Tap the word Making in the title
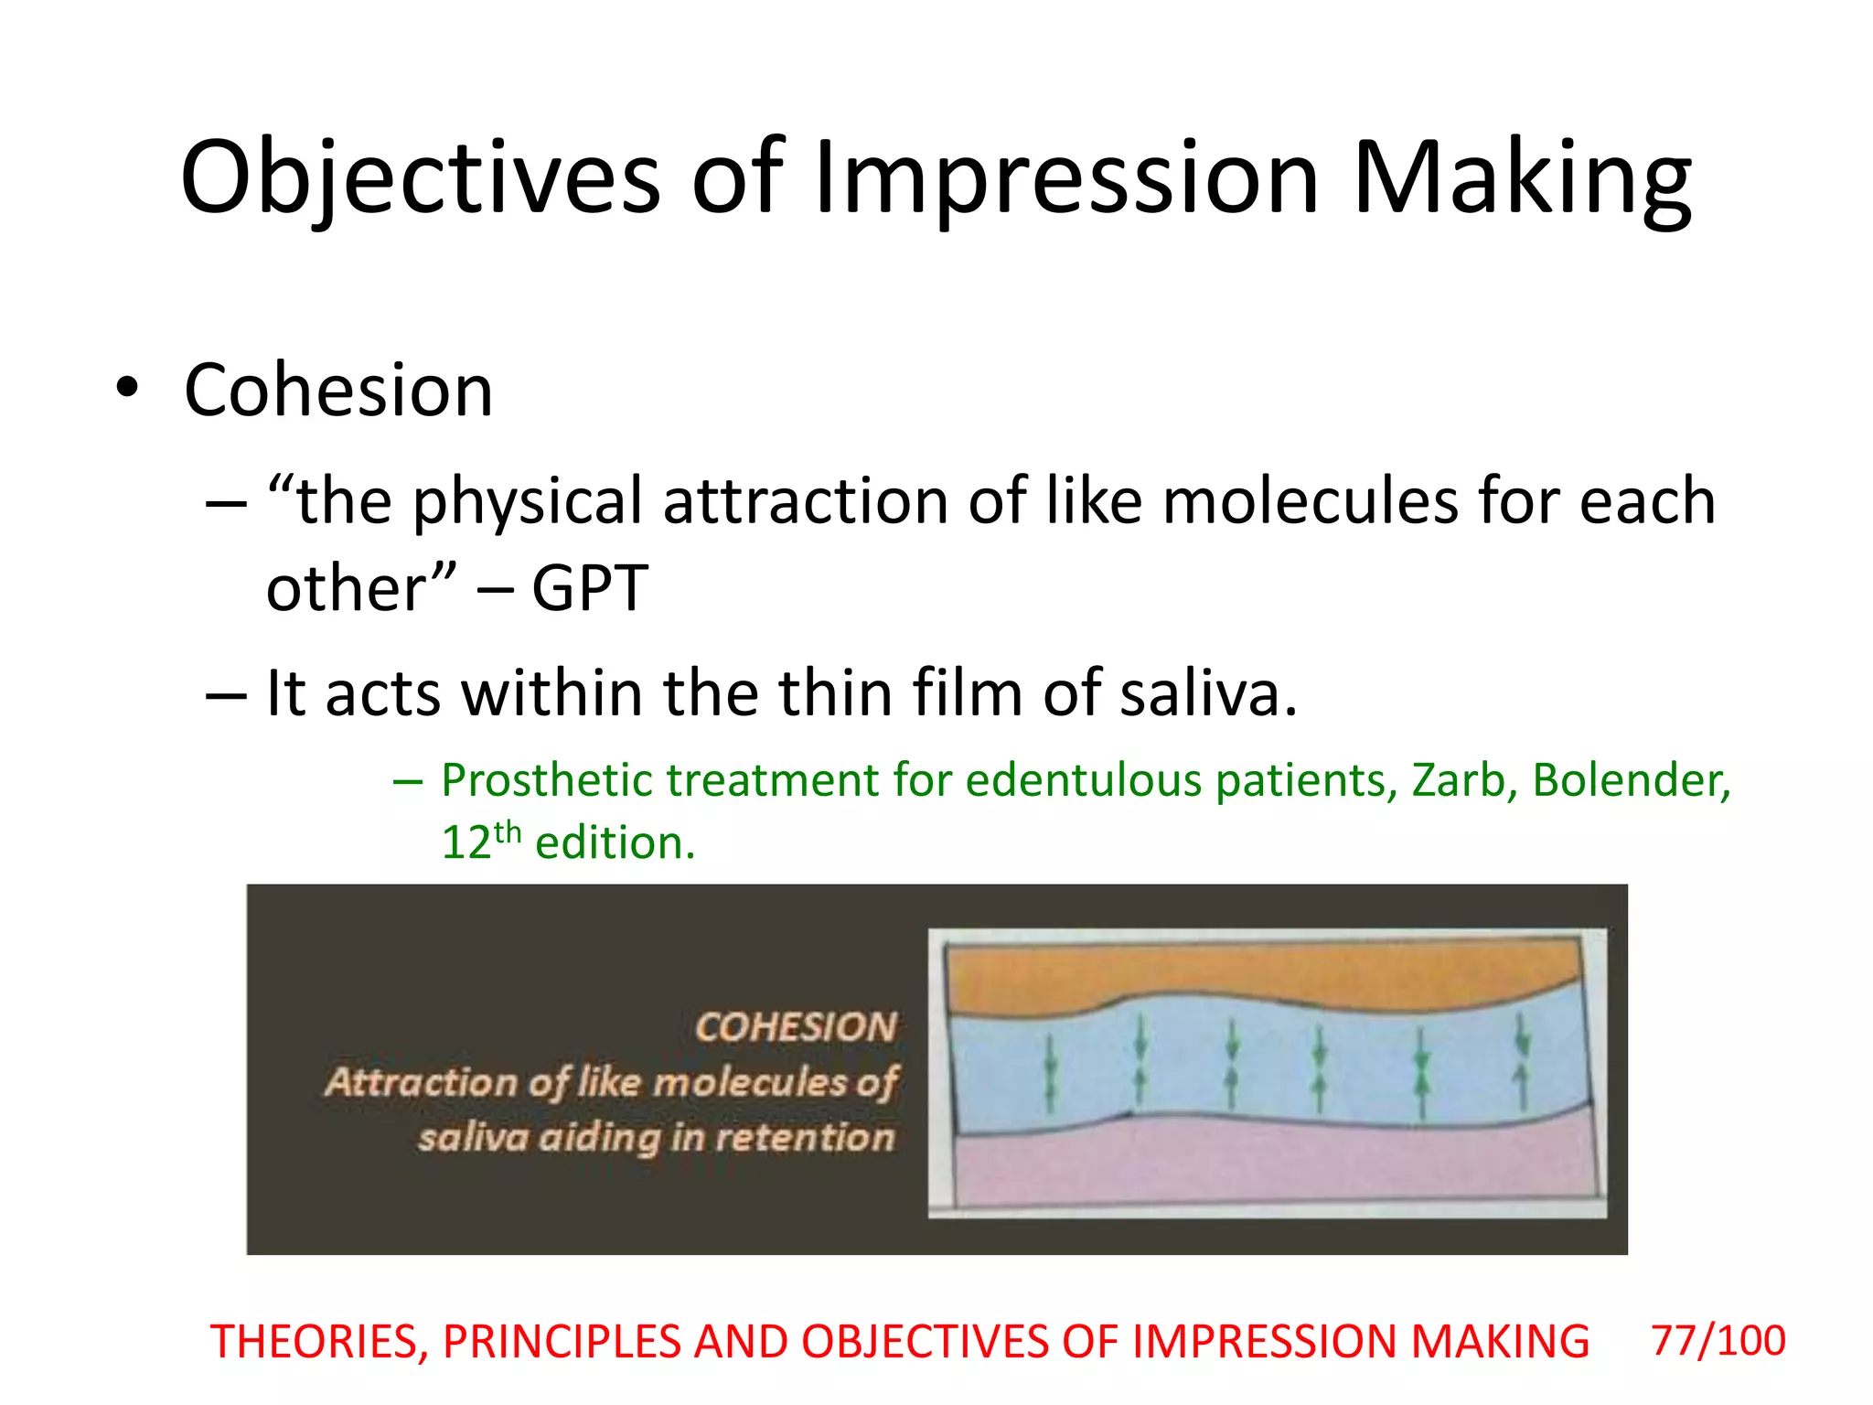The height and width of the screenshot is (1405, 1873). [x=1521, y=178]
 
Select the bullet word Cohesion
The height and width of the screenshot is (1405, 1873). [x=338, y=391]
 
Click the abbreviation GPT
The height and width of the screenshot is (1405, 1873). [x=590, y=588]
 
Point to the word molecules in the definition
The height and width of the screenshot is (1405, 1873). [x=1310, y=502]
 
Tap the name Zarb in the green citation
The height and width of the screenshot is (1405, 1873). [x=1462, y=781]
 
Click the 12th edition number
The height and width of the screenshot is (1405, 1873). [x=480, y=842]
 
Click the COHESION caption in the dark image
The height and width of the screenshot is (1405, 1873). [x=796, y=1026]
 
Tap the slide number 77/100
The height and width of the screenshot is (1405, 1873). [x=1718, y=1341]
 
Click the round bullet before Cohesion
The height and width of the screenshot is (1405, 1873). [x=127, y=389]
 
